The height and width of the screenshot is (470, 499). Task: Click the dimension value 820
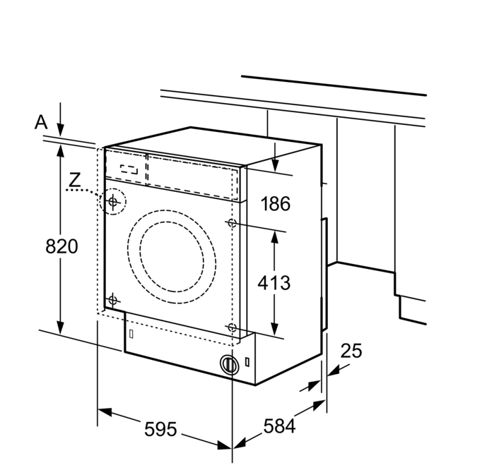(x=61, y=246)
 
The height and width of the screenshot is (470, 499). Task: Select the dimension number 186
(x=275, y=205)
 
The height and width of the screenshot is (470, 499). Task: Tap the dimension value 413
(x=275, y=282)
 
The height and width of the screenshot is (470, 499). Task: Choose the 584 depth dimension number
(x=279, y=426)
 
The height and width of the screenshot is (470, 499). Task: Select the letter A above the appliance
(x=41, y=122)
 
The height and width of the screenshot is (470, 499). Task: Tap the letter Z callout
(x=74, y=180)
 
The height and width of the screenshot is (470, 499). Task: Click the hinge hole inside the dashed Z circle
(x=112, y=203)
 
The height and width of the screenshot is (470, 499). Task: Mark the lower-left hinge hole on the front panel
(x=112, y=300)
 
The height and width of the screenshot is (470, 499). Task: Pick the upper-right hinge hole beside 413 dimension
(x=233, y=223)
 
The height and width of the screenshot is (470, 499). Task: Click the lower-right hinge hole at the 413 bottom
(x=233, y=327)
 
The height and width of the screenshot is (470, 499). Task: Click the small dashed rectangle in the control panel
(x=129, y=169)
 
